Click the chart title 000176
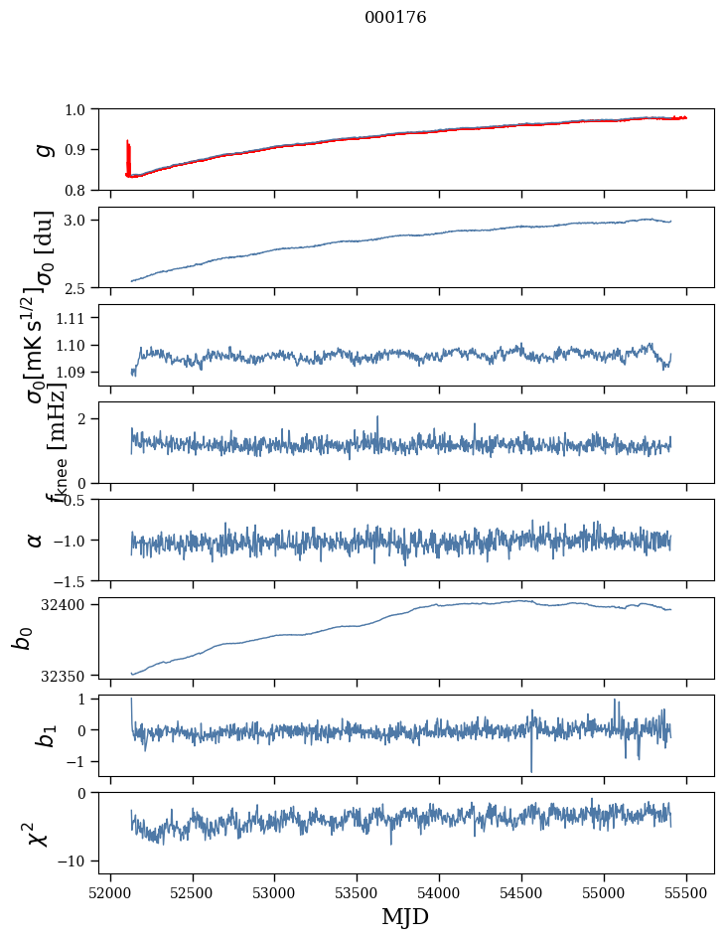(395, 18)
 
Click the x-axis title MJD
(405, 917)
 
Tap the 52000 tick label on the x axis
(110, 892)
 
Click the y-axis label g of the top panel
(42, 149)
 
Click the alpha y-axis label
(36, 540)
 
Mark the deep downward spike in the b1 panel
(531, 769)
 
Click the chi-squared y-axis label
(38, 834)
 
